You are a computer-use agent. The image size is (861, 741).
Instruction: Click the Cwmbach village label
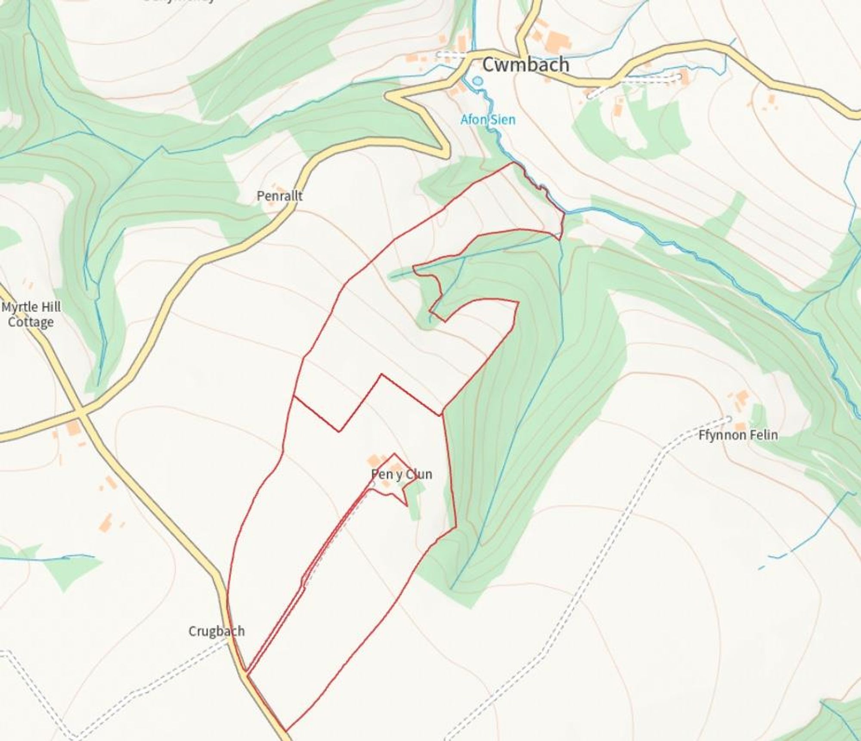coord(526,65)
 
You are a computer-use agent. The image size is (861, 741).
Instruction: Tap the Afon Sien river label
coord(488,119)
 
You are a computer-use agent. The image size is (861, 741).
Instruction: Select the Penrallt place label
coord(279,196)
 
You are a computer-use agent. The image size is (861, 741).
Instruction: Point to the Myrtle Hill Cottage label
coord(31,314)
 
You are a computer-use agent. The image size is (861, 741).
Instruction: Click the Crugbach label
coord(217,631)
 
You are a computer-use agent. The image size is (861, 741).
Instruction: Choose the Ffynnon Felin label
coord(738,435)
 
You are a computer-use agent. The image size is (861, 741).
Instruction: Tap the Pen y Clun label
coord(401,474)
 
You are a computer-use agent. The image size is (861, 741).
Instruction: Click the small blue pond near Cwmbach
coord(477,81)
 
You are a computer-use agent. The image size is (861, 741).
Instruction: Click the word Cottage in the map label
coord(31,322)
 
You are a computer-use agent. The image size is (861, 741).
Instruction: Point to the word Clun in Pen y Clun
coord(418,474)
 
